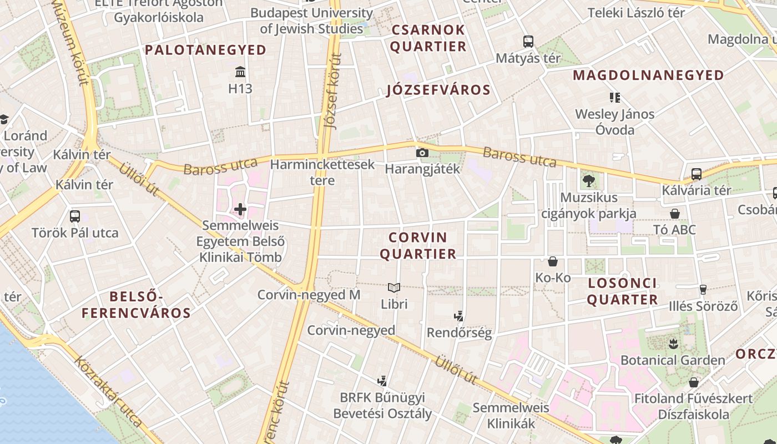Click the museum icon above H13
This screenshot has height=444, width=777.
coord(240,72)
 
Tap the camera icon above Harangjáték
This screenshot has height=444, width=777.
coord(422,153)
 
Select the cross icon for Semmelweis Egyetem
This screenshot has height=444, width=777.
coord(240,209)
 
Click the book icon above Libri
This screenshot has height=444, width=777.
coord(394,287)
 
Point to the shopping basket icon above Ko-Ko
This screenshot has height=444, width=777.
coord(553,261)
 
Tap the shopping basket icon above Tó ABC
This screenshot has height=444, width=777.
coord(675,214)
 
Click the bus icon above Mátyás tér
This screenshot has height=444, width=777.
coord(528,41)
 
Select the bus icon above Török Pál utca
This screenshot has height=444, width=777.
coord(75,216)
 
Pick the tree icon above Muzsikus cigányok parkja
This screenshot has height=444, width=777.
coord(588,180)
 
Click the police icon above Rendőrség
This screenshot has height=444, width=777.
coord(459,317)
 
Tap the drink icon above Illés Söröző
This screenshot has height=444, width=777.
coord(703,289)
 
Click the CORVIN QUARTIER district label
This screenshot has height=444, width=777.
coord(422,246)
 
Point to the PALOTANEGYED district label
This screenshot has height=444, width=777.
coord(206,50)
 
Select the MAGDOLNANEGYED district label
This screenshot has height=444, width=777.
coord(648,75)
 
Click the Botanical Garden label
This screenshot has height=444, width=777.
coord(673,360)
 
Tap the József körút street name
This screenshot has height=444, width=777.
coord(332,92)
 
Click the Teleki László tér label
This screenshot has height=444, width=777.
coord(636,13)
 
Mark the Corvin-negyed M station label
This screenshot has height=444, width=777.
coord(309,295)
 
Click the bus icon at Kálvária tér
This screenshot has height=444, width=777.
coord(697,174)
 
